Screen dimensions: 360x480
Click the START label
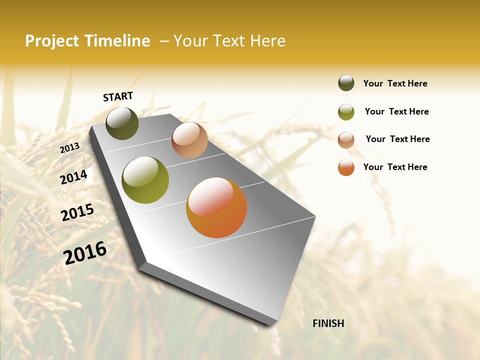coord(118,96)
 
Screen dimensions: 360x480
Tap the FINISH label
coord(328,323)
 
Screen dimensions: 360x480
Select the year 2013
coord(70,147)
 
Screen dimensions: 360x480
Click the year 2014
coord(74,177)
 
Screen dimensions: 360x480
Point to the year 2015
coord(77,212)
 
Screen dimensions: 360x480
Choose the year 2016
coord(85,253)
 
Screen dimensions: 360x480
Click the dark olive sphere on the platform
coord(122,123)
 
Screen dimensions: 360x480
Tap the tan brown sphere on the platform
coord(189,140)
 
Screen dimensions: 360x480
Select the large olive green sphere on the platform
coord(145,180)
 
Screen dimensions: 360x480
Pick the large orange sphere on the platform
coord(216,207)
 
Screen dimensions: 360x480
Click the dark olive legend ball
coord(346,83)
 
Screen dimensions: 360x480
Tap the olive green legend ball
coord(346,112)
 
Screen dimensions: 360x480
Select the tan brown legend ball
coord(346,140)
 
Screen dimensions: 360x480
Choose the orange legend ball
coord(346,167)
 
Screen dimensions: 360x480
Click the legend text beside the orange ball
coord(395,167)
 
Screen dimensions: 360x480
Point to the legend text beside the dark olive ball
coord(395,83)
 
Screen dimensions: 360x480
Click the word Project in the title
coord(52,41)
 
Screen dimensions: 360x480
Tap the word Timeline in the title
coord(117,41)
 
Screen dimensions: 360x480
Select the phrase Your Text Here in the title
coord(229,41)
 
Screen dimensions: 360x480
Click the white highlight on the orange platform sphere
coord(210,196)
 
